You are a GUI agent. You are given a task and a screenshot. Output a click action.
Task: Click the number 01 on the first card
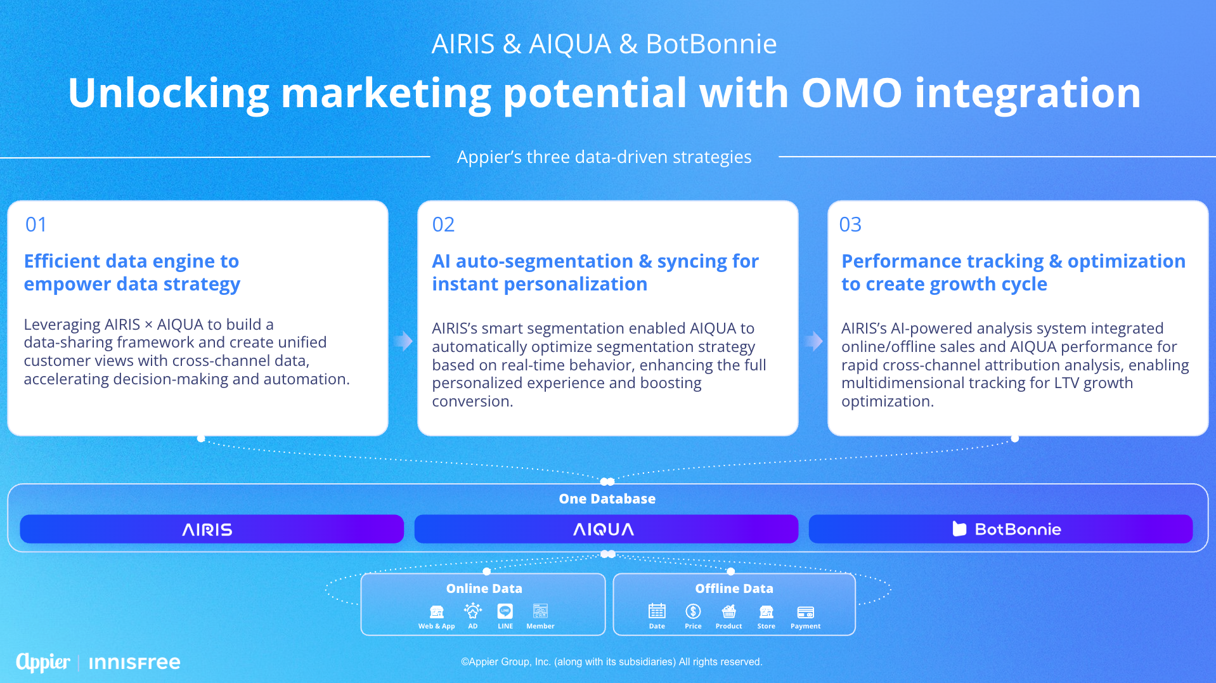click(36, 224)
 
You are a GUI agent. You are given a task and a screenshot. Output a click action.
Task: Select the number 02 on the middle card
click(443, 224)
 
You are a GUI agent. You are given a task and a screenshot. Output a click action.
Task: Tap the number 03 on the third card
click(850, 224)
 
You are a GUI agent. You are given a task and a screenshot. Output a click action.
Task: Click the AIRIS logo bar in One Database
click(212, 529)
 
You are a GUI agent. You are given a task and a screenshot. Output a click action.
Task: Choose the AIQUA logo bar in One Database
click(606, 529)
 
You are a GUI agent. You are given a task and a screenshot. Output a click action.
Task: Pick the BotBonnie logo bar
click(1000, 529)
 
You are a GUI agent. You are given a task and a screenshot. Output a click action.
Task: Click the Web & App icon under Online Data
click(437, 611)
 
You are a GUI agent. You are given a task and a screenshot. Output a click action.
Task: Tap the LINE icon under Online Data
click(505, 611)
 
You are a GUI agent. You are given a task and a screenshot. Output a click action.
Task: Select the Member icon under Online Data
click(540, 611)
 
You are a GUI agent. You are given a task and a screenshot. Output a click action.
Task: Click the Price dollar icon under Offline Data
click(693, 611)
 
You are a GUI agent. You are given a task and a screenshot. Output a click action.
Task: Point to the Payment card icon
click(805, 612)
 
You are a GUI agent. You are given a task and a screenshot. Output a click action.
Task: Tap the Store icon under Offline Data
click(766, 611)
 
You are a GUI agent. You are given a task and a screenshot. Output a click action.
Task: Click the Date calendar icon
click(657, 611)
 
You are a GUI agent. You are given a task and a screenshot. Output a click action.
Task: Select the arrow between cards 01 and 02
click(403, 341)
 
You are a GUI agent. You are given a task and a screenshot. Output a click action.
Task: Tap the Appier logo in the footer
click(43, 662)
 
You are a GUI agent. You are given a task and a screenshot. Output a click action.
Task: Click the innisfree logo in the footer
click(134, 663)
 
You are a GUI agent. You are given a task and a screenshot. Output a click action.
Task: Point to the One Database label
click(607, 499)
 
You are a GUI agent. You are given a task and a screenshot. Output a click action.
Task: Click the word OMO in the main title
click(851, 93)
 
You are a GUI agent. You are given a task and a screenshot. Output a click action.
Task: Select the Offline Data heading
click(734, 589)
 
